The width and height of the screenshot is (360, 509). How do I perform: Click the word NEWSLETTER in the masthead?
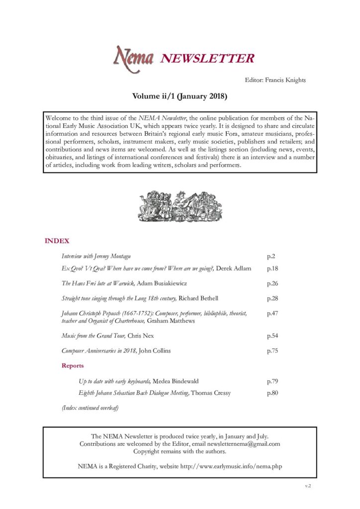pyautogui.click(x=207, y=59)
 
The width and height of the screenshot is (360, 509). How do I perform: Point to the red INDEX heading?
pyautogui.click(x=57, y=241)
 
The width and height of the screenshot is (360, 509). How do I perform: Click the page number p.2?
pyautogui.click(x=271, y=256)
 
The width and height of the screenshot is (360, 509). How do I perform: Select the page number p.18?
pyautogui.click(x=272, y=268)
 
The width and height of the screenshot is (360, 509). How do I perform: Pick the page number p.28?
pyautogui.click(x=272, y=298)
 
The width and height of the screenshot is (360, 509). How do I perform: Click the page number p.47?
pyautogui.click(x=272, y=314)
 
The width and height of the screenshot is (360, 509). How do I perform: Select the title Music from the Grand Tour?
pyautogui.click(x=93, y=336)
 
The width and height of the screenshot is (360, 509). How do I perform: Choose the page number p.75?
pyautogui.click(x=272, y=351)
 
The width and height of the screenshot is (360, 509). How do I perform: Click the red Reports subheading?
pyautogui.click(x=73, y=366)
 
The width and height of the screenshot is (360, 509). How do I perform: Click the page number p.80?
pyautogui.click(x=272, y=393)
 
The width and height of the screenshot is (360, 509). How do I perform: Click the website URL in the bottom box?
pyautogui.click(x=224, y=467)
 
